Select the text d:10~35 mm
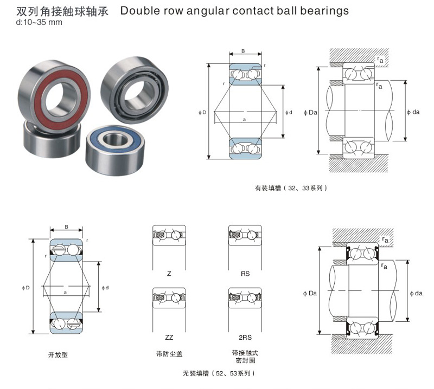tap(33, 22)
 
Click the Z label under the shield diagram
tap(169, 274)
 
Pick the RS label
tap(245, 274)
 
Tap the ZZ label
tap(169, 337)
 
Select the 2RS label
tap(245, 337)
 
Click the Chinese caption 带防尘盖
tap(169, 354)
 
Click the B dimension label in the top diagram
tap(243, 51)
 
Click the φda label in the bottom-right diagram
tap(415, 293)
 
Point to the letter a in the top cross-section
tap(244, 119)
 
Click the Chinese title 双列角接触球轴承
tap(60, 10)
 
